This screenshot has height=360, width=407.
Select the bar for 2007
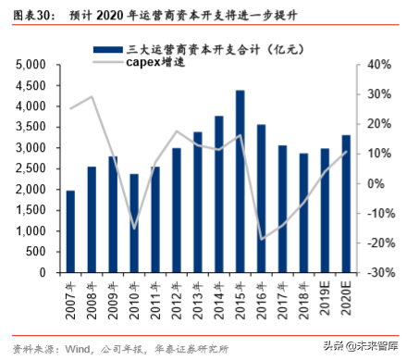click(70, 231)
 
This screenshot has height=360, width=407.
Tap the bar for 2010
click(134, 223)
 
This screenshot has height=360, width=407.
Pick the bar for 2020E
click(346, 204)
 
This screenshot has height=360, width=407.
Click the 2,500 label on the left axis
click(33, 169)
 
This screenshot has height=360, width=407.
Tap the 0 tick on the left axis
click(45, 274)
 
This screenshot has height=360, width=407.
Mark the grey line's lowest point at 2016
click(262, 239)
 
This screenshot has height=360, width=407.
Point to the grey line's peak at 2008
click(92, 96)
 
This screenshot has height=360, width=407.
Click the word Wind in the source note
click(78, 349)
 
